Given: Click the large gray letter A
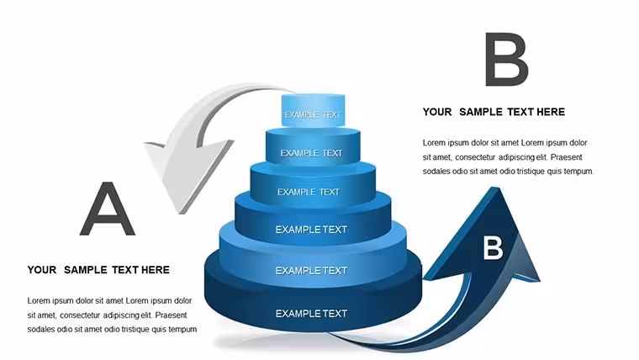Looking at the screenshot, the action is (107, 209).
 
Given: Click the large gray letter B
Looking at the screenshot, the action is (506, 60).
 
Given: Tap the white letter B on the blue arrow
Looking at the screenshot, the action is (493, 248).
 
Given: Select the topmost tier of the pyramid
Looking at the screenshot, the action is (313, 110).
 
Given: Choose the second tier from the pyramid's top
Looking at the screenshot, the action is (313, 146).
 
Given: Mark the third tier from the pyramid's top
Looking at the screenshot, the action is (313, 186).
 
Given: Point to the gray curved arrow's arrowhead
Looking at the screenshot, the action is (186, 172).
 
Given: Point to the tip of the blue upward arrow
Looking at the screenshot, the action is (495, 188).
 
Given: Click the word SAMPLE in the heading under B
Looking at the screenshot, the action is (480, 112).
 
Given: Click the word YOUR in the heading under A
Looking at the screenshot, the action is (42, 270).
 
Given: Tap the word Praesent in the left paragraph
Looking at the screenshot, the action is (171, 315).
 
